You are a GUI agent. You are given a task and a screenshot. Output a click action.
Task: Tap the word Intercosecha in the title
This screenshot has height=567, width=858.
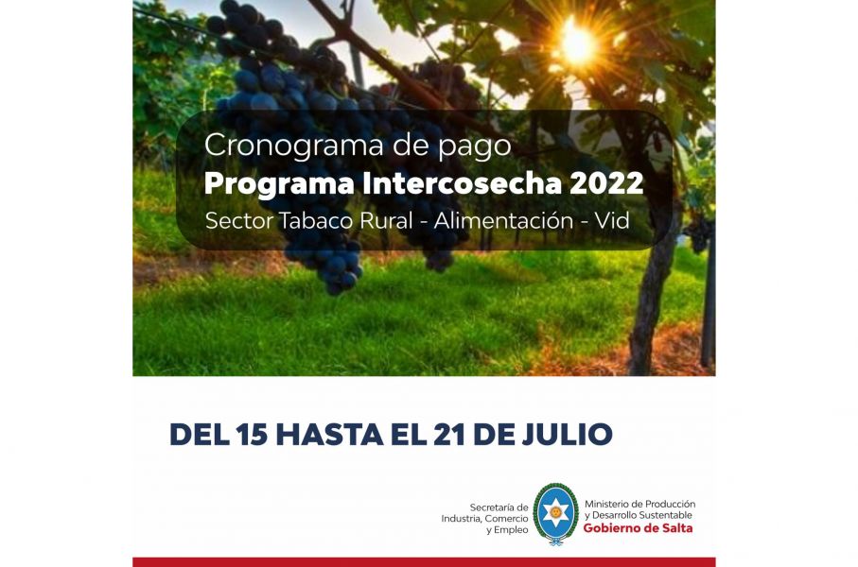pos(462,183)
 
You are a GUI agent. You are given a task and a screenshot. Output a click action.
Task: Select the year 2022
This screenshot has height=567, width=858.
pos(606,183)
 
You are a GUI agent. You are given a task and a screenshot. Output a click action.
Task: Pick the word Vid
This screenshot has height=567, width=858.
pos(612,220)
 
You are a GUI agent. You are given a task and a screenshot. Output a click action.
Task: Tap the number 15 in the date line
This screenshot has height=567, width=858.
pos(252,435)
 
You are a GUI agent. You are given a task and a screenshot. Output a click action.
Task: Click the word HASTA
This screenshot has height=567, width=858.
pos(330,435)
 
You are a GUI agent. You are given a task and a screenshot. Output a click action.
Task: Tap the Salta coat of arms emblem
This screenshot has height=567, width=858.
pos(555,514)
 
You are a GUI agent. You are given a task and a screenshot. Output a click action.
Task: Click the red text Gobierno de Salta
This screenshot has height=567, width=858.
pos(638,528)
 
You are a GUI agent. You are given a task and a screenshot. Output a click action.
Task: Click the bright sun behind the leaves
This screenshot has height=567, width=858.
pos(578,43)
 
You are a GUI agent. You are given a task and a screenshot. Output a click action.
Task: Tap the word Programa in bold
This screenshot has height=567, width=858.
pos(279,184)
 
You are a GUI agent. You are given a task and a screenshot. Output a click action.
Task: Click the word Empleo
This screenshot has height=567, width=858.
pos(511,530)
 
